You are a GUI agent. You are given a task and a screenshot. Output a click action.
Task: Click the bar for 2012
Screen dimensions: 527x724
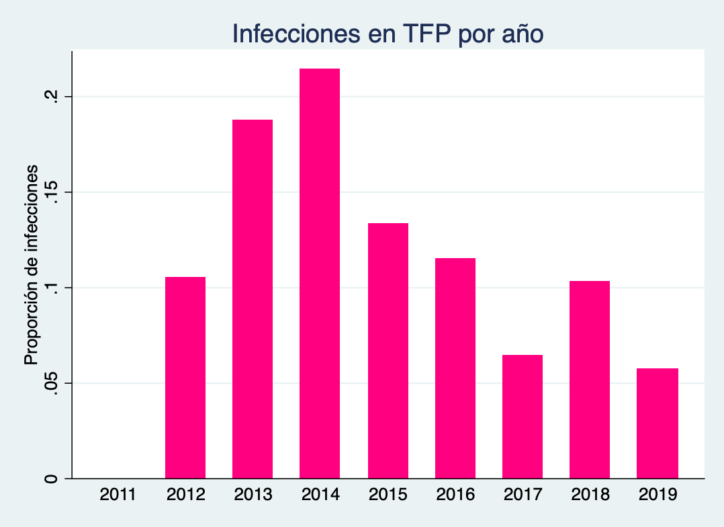pyautogui.click(x=185, y=377)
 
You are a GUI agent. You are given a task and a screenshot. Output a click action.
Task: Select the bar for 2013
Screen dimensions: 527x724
pyautogui.click(x=253, y=298)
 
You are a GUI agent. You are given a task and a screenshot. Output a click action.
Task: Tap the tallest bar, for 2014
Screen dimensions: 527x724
pyautogui.click(x=320, y=273)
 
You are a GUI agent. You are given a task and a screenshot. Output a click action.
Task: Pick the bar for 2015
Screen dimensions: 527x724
pyautogui.click(x=388, y=350)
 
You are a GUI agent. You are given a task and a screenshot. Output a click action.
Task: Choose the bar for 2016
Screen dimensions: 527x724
pyautogui.click(x=455, y=368)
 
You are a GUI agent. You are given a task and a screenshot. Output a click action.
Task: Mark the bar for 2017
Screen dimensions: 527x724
pyautogui.click(x=523, y=416)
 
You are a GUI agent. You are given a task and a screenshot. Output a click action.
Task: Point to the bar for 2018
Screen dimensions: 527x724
pyautogui.click(x=590, y=379)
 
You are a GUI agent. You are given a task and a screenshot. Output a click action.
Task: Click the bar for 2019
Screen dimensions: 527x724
pyautogui.click(x=658, y=423)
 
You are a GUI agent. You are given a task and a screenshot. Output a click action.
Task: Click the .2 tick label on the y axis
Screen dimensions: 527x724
pyautogui.click(x=49, y=96)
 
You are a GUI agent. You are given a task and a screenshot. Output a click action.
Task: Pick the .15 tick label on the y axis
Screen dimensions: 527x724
pyautogui.click(x=49, y=192)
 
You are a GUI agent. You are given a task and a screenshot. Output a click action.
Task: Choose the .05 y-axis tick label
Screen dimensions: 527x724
pyautogui.click(x=49, y=383)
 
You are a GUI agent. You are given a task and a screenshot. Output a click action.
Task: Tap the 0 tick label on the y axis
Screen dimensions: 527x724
pyautogui.click(x=49, y=479)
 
